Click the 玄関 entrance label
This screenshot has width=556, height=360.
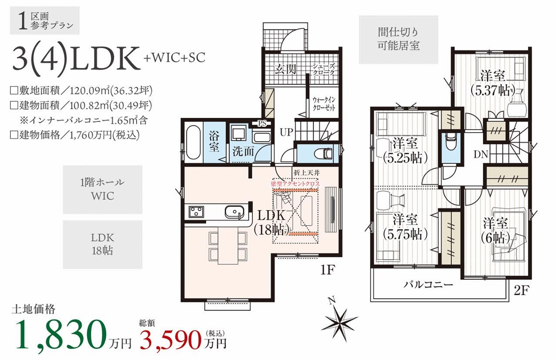click(x=285, y=69)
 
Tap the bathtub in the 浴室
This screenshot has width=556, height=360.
click(x=193, y=142)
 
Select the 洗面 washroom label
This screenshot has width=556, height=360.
click(x=243, y=151)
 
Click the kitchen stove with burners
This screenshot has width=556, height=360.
click(x=195, y=211)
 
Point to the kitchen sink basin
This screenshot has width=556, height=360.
click(x=234, y=212)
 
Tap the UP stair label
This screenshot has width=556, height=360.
click(x=286, y=132)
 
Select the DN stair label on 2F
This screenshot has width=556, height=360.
click(x=481, y=154)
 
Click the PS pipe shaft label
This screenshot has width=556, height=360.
click(x=262, y=123)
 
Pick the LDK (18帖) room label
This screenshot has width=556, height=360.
click(x=271, y=222)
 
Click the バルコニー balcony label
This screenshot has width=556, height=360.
click(x=428, y=284)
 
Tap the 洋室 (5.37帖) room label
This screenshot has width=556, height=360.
click(x=493, y=83)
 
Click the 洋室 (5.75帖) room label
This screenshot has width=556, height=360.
click(x=405, y=227)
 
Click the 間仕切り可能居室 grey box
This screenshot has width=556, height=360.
click(x=398, y=40)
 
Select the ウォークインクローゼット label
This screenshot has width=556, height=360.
click(x=324, y=104)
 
